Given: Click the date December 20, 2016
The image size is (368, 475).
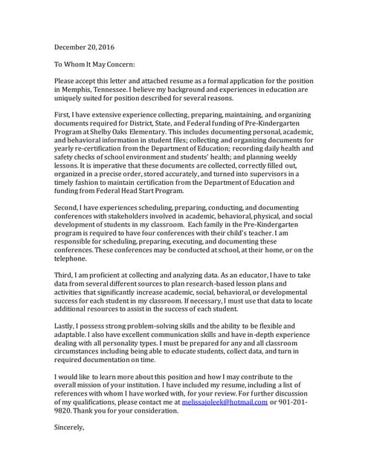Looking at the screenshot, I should coord(88,47).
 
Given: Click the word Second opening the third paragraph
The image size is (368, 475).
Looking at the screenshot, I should coord(70,212).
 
